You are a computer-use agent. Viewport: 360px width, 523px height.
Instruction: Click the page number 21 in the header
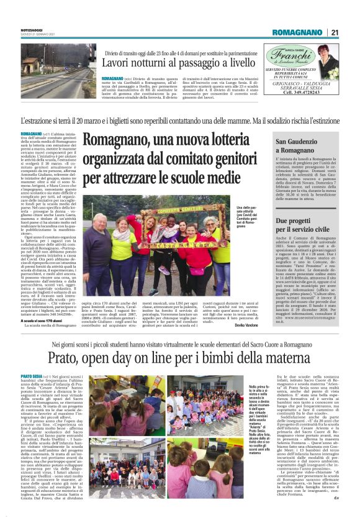coord(335,32)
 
